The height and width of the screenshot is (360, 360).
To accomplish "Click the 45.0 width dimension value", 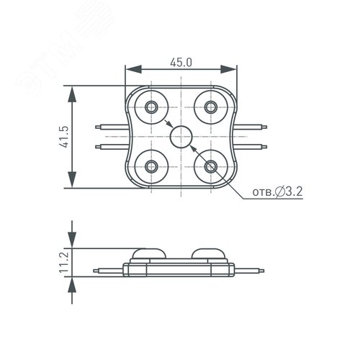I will [x=181, y=63].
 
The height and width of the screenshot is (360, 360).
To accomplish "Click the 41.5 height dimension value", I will [x=63, y=137].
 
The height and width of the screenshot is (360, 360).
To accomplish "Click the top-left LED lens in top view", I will [x=152, y=107].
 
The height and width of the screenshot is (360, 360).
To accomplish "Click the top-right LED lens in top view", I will [x=210, y=107].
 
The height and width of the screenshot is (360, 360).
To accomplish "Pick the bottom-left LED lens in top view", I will [x=152, y=166].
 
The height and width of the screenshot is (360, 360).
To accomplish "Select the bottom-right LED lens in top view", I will [x=210, y=166].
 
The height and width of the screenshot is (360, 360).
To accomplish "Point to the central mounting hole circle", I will [x=181, y=135].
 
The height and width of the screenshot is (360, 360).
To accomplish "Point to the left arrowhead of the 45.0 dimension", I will [x=130, y=71].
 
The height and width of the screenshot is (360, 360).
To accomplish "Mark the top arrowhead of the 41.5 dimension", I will [x=72, y=89].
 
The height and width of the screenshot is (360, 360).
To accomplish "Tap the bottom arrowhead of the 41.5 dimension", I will [x=72, y=183].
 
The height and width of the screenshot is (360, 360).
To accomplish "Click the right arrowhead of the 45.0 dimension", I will [x=233, y=71].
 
